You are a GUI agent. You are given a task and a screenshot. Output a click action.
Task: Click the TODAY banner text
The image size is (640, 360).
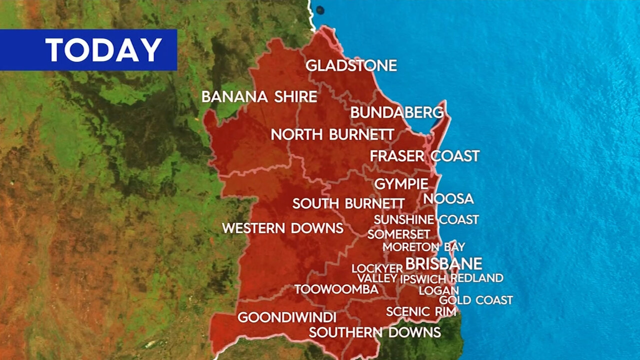pos(103,49)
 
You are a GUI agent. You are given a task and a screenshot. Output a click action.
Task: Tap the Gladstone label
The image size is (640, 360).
pos(351,65)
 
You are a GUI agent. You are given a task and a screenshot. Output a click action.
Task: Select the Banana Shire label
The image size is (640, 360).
pos(259,97)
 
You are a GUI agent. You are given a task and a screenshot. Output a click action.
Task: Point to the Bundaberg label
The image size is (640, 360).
pos(397,112)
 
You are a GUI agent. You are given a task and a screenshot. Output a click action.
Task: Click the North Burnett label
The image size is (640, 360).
pos(332,134)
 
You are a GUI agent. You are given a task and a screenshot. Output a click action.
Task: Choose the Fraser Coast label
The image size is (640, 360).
pos(424,156)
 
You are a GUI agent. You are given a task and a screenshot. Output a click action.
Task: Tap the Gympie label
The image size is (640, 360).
pos(401,184)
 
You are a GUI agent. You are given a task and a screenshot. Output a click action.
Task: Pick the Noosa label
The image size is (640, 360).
pos(448,199)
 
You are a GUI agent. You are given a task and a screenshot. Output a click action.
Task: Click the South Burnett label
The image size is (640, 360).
pos(348,203)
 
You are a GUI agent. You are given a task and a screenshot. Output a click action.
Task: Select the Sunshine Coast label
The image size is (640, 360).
pos(426,219)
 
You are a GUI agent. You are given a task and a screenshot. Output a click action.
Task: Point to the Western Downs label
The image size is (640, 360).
pos(282,228)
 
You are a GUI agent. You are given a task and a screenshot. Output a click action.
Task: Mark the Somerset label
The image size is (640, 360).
pos(398,234)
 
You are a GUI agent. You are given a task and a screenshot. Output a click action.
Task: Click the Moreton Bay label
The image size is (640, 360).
pos(423,247)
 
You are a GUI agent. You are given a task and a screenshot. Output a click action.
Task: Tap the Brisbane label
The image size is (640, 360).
pos(443,263)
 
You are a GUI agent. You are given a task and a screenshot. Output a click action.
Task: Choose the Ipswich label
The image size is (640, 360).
pos(423,278)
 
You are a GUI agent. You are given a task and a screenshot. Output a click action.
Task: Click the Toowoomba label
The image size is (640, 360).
pos(336,289)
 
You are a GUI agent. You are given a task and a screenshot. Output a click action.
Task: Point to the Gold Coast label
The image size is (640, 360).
pos(476,300)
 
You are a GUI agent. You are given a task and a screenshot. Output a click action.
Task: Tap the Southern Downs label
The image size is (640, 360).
pos(374,332)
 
